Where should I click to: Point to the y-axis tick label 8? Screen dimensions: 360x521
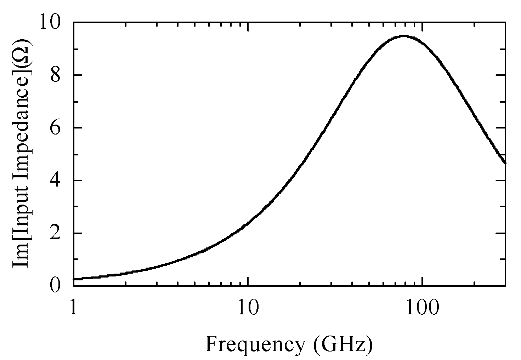(x=57, y=75)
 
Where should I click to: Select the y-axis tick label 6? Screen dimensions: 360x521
(x=57, y=128)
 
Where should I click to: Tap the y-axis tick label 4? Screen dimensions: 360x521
(x=57, y=181)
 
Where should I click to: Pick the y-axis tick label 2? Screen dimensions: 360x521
(x=57, y=234)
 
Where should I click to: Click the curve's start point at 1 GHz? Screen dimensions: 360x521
(x=74, y=279)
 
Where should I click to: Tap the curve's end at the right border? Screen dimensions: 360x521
(x=505, y=163)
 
